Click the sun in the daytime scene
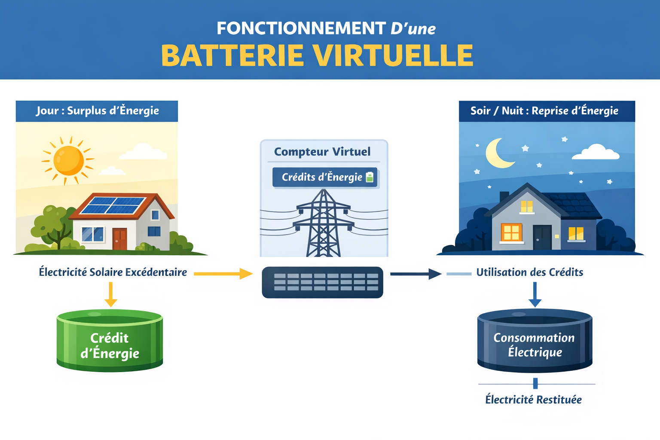click(x=68, y=160)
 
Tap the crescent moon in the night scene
click(x=498, y=153)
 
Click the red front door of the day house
click(x=120, y=238)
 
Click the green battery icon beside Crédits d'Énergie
click(x=370, y=177)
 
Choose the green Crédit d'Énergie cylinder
click(x=110, y=342)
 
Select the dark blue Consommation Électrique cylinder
click(x=535, y=342)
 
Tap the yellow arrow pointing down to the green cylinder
click(x=111, y=294)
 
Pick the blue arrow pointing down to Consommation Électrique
click(x=535, y=294)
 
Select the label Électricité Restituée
click(x=533, y=400)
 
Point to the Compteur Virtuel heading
click(x=322, y=152)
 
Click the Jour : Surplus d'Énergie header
click(x=97, y=111)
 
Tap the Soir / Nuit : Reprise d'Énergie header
click(x=544, y=111)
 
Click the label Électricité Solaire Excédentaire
click(x=113, y=272)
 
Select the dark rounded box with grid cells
click(x=322, y=282)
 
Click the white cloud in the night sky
click(x=596, y=153)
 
